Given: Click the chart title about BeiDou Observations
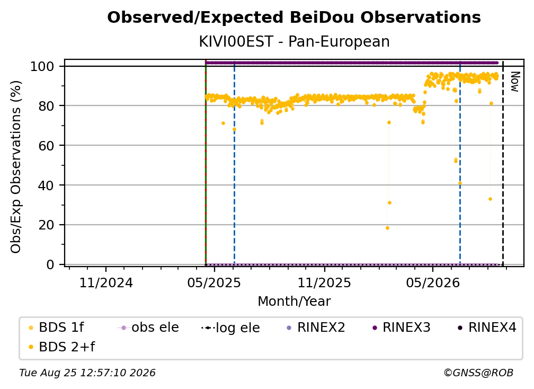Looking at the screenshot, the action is click(294, 17).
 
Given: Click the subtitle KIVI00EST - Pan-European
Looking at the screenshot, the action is click(294, 42).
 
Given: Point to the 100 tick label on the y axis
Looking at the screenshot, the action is click(42, 66).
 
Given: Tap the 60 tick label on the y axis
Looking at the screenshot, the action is click(46, 146).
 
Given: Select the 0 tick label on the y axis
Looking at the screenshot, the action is click(50, 264).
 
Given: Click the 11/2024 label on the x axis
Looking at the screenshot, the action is click(106, 282).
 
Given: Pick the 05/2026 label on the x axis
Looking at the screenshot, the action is click(432, 282).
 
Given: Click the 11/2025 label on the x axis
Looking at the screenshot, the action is click(324, 282).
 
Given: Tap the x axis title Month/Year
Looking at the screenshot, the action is click(294, 301).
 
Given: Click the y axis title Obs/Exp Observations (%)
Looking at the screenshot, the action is click(16, 167).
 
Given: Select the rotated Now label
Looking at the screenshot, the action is click(514, 82).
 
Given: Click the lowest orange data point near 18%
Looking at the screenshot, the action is click(387, 228).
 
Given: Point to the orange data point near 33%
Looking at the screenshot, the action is click(490, 199).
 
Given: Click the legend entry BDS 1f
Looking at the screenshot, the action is click(57, 328).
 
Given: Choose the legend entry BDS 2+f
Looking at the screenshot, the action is click(62, 347).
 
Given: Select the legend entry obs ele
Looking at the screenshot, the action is click(148, 328).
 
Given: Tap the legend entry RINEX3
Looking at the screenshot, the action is click(402, 328).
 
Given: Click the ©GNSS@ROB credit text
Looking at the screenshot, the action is click(478, 373).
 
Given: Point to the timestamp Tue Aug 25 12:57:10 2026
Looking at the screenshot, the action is click(87, 373).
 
